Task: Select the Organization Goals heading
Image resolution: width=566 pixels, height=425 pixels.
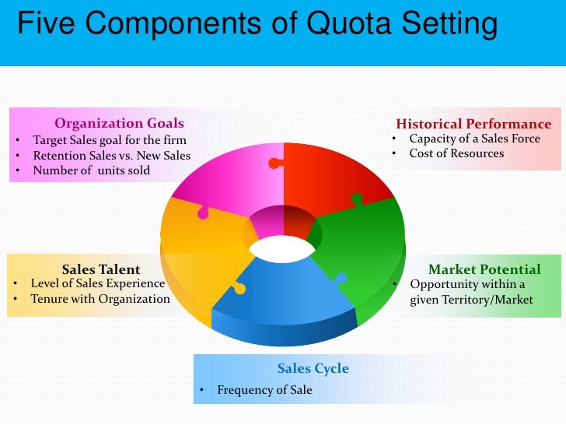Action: tap(119, 123)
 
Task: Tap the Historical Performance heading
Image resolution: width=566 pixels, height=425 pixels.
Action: tap(473, 124)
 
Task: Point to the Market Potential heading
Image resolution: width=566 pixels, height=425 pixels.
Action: tap(484, 269)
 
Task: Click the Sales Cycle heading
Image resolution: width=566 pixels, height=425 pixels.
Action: tap(313, 368)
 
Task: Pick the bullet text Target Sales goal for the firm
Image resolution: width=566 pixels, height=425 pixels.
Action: tap(109, 140)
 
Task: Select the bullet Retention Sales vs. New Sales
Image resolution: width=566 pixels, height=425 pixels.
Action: tap(111, 156)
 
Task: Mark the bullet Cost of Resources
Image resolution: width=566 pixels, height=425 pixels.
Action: tap(457, 153)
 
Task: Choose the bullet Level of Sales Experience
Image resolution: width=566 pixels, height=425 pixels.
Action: tap(98, 283)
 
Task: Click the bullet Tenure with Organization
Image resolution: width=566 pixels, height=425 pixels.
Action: tap(100, 299)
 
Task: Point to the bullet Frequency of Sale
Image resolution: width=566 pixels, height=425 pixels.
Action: tap(264, 389)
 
